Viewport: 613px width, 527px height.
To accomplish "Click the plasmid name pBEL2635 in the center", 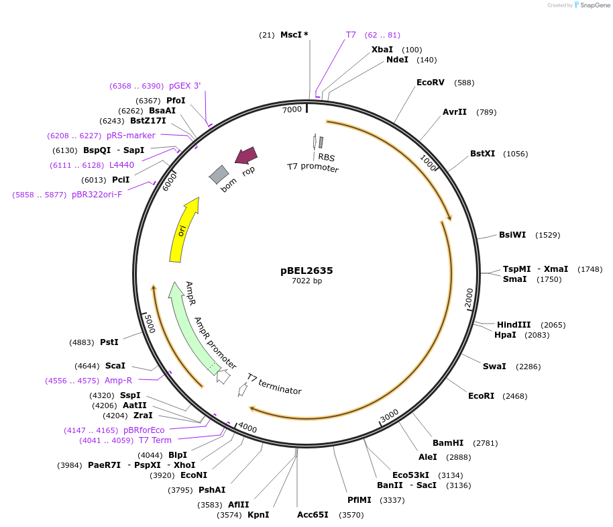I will (306, 271).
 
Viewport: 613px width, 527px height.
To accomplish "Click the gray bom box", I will (219, 175).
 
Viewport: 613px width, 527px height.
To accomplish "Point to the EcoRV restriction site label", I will (431, 83).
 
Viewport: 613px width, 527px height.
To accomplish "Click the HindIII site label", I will (514, 324).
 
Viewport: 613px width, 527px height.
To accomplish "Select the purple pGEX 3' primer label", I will (184, 85).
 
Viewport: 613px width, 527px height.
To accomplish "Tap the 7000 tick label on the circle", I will (292, 109).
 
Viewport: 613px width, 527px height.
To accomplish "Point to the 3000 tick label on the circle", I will (390, 416).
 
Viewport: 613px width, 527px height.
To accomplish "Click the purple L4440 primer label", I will (121, 164).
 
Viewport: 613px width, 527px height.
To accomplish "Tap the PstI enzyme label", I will (109, 342).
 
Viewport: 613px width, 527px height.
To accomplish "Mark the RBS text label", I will (326, 157).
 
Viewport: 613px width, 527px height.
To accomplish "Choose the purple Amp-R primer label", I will (118, 381).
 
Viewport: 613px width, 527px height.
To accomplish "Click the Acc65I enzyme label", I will (313, 515).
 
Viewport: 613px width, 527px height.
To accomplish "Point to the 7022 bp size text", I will (306, 281).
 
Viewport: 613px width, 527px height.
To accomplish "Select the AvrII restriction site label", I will (455, 112).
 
